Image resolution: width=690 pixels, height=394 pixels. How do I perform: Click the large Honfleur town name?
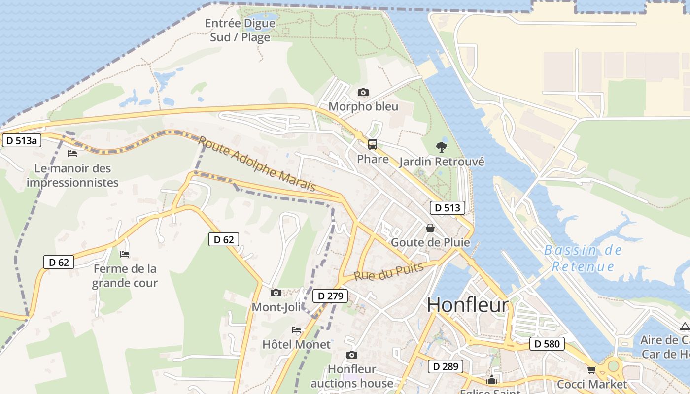point(467,305)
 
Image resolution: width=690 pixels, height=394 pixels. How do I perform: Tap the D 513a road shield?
point(22,140)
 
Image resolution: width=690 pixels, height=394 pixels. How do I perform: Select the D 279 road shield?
point(330,296)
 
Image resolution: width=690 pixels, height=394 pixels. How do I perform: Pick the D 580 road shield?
point(547,344)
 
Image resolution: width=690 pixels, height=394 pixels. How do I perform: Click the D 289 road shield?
point(446,366)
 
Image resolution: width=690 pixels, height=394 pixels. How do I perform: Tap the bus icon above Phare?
point(373,144)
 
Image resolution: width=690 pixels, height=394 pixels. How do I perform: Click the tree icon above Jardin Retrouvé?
point(442,146)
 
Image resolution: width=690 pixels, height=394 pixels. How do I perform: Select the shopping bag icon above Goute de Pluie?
point(430,228)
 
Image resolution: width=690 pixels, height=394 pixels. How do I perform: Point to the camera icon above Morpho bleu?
point(363,92)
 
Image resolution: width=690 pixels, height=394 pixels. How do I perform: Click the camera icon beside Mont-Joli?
point(276,293)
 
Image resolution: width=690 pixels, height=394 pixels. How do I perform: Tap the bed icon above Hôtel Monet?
point(296,329)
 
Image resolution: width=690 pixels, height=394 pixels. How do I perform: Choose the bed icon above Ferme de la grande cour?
point(125,254)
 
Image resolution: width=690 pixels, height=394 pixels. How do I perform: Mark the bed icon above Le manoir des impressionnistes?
point(72,154)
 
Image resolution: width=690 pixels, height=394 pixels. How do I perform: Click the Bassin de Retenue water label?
point(583,259)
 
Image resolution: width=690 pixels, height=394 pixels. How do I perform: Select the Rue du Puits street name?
point(389,272)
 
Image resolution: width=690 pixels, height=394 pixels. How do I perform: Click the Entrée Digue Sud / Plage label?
point(240,30)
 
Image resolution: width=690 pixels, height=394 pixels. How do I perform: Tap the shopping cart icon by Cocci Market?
point(591,369)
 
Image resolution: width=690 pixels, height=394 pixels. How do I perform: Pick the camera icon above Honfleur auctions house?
point(351,355)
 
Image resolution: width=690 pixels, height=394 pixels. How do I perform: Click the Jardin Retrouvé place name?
point(442,162)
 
